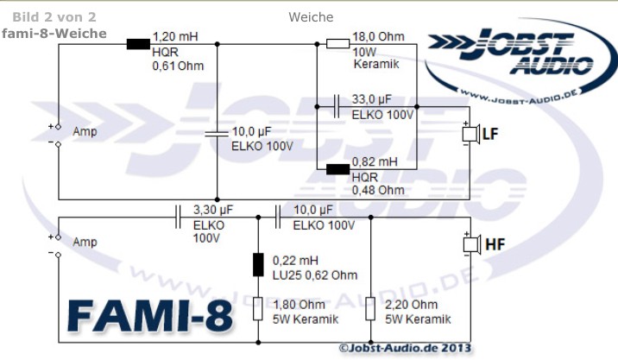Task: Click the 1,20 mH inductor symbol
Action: tap(138, 44)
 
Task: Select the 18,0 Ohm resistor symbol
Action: tap(337, 44)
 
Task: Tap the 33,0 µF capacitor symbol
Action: tap(337, 106)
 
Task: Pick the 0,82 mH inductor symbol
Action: tap(337, 169)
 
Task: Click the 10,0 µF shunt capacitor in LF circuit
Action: tap(217, 134)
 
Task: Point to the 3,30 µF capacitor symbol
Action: tap(178, 217)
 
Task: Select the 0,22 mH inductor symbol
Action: tap(258, 264)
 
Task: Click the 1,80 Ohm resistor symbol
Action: tap(258, 309)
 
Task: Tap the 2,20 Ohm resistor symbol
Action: tap(370, 309)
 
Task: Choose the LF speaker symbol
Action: tap(470, 134)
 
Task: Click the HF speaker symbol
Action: tap(471, 244)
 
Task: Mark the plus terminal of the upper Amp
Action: tap(58, 127)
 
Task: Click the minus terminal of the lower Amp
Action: tap(58, 256)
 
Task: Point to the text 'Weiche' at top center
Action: tap(311, 17)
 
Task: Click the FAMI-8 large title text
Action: tap(150, 317)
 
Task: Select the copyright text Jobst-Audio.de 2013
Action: tap(405, 348)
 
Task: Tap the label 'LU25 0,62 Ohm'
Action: tap(315, 275)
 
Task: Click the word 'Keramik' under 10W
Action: tap(376, 64)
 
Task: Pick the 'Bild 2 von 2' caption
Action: tap(54, 17)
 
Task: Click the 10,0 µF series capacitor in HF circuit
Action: tap(278, 217)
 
